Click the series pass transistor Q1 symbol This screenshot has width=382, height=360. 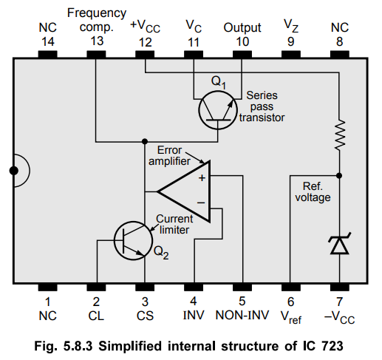click(218, 110)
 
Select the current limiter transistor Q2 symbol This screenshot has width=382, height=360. click(134, 240)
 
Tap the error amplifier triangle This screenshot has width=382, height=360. click(184, 191)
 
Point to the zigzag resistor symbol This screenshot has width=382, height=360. click(340, 135)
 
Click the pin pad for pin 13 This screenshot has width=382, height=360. click(96, 54)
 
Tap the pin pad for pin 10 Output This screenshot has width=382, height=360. click(242, 54)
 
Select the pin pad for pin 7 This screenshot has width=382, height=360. click(340, 288)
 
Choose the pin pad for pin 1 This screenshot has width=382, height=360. click(48, 288)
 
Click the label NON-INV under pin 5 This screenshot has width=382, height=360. click(242, 315)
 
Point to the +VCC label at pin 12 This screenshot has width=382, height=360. click(145, 26)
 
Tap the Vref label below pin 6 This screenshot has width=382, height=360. click(291, 317)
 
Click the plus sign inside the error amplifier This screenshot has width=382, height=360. click(202, 178)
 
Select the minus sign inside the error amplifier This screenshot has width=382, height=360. click(201, 203)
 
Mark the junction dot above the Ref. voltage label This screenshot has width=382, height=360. click(339, 175)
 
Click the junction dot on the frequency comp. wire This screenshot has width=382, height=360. click(145, 141)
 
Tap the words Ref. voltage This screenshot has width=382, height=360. click(313, 191)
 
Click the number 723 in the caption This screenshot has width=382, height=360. click(332, 346)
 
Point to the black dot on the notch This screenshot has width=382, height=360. click(14, 170)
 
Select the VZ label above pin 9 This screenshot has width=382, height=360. click(291, 26)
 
